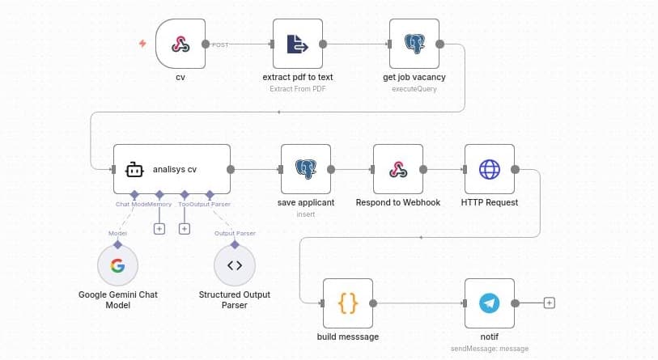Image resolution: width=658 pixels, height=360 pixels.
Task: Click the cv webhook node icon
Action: pyautogui.click(x=180, y=45)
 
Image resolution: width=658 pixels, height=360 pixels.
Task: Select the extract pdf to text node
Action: pyautogui.click(x=297, y=45)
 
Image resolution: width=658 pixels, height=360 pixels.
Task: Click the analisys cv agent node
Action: pyautogui.click(x=172, y=170)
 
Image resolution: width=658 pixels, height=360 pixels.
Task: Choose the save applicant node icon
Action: pyautogui.click(x=305, y=170)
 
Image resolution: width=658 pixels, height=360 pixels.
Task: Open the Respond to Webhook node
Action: pyautogui.click(x=398, y=170)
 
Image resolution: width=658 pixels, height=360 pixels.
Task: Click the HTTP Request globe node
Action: pyautogui.click(x=490, y=170)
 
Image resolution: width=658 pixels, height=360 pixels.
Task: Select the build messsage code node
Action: pyautogui.click(x=348, y=303)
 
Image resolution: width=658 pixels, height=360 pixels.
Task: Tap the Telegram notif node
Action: pyautogui.click(x=490, y=303)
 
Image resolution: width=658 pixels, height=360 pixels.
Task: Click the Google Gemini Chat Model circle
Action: pyautogui.click(x=117, y=265)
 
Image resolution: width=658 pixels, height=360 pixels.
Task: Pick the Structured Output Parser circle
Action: pyautogui.click(x=235, y=265)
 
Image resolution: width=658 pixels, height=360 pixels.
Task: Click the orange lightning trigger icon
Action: pyautogui.click(x=143, y=44)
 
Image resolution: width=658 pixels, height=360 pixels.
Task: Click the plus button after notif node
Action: pyautogui.click(x=550, y=303)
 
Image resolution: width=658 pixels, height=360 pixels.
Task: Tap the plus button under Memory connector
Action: pyautogui.click(x=159, y=229)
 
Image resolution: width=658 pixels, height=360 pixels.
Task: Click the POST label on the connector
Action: pyautogui.click(x=220, y=45)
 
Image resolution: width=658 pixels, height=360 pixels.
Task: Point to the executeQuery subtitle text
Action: pyautogui.click(x=414, y=89)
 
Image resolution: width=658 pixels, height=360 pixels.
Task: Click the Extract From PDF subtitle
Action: pyautogui.click(x=297, y=89)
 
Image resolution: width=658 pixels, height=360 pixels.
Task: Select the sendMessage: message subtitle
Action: pyautogui.click(x=490, y=348)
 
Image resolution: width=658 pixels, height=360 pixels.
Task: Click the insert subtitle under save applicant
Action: pyautogui.click(x=305, y=214)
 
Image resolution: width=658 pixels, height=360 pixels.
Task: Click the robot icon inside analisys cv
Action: pyautogui.click(x=134, y=170)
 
